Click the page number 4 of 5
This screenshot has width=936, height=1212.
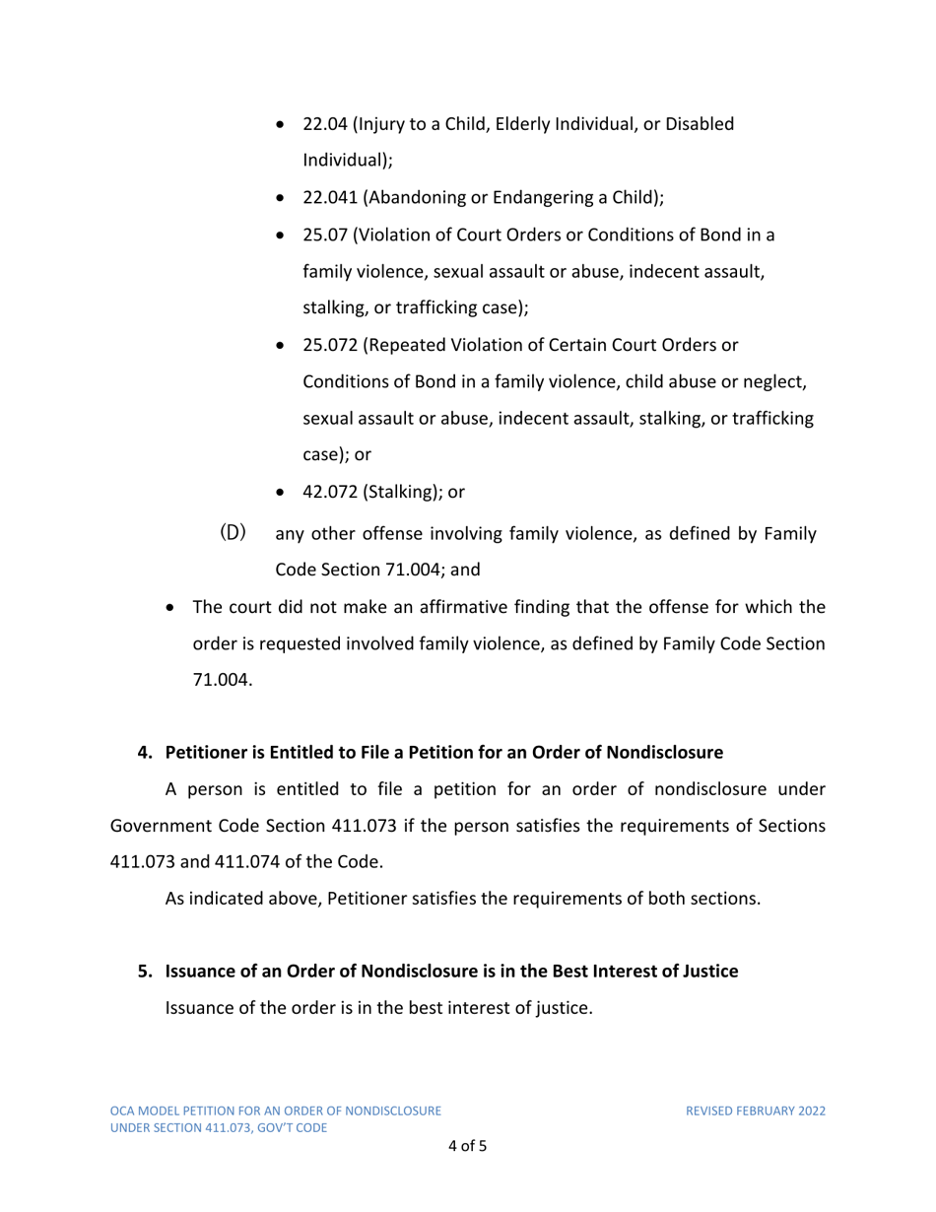[x=467, y=1146]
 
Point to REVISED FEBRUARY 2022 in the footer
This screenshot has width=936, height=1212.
[x=755, y=1111]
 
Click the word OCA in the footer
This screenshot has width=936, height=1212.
[x=122, y=1111]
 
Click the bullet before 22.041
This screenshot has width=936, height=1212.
[x=284, y=197]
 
